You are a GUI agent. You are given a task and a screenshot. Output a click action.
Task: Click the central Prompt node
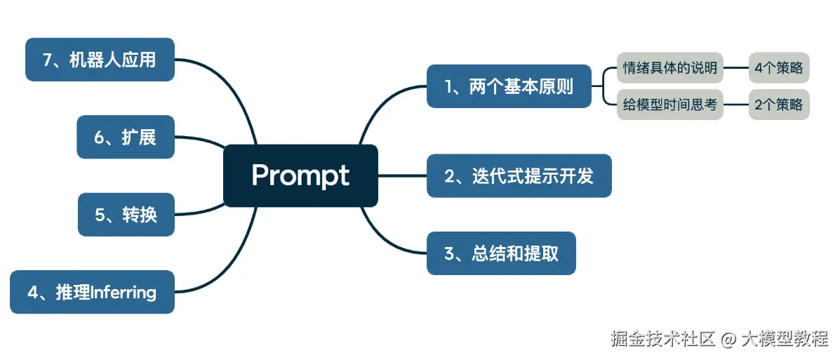coord(300,175)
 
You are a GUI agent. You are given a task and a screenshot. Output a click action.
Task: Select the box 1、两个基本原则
coord(509,86)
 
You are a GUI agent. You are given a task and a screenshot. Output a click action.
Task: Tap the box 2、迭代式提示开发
coord(519,176)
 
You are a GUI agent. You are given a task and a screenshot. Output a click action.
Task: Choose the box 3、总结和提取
coord(501,253)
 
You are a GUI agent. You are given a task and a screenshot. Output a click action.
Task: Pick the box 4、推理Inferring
coord(92,292)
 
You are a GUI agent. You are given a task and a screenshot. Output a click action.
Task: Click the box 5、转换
coord(126,214)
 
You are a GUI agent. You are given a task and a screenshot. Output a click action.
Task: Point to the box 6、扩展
coord(125,137)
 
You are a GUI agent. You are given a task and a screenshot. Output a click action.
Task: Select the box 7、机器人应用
coord(100,60)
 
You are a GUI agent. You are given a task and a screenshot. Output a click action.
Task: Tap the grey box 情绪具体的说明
coord(669,68)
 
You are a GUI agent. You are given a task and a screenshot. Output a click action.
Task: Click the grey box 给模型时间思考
coord(669,105)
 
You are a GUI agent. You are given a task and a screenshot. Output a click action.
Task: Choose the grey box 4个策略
coord(778,68)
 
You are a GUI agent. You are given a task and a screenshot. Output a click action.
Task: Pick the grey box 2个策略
coord(778,105)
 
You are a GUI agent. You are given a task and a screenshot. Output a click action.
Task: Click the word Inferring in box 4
coord(124,292)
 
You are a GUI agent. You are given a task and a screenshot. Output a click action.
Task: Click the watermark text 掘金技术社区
coord(662,339)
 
